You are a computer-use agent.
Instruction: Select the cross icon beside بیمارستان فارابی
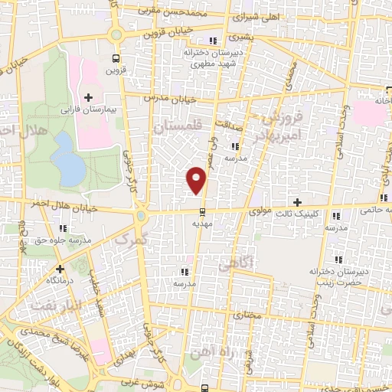(x=89, y=97)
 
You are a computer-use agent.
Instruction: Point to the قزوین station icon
(x=115, y=57)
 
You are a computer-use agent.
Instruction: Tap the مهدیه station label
(x=202, y=224)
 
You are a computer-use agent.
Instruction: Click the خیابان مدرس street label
(x=175, y=99)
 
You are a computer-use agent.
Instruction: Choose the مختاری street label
(x=247, y=315)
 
